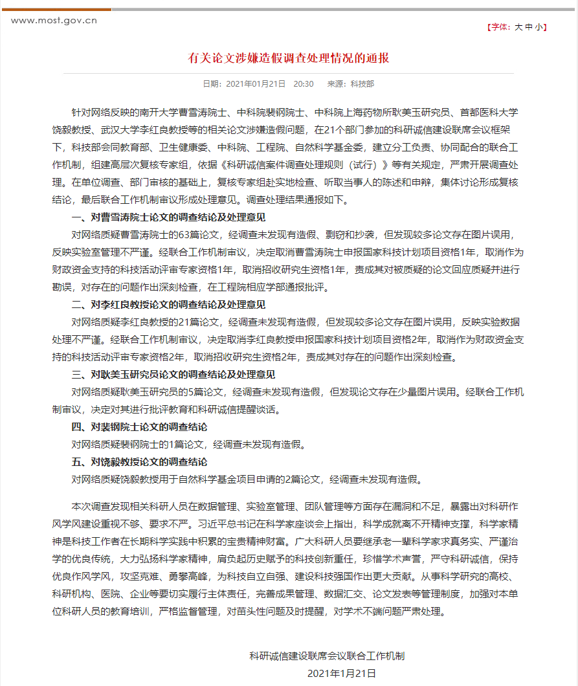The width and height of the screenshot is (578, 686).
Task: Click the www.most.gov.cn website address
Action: [x=54, y=20]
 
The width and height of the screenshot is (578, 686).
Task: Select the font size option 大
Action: [x=518, y=27]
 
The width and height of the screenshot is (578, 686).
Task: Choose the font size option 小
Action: [x=539, y=27]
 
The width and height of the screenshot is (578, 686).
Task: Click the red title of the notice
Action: [x=289, y=58]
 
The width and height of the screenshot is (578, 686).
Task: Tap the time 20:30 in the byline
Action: [x=304, y=84]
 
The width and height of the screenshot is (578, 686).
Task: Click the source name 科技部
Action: [x=362, y=84]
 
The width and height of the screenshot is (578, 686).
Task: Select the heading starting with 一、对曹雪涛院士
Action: [x=168, y=217]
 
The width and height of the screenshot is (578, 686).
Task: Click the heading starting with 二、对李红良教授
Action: [x=168, y=305]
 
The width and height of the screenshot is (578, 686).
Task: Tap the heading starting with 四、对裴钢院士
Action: [x=139, y=427]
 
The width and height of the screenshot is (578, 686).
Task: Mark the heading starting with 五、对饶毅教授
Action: [x=139, y=462]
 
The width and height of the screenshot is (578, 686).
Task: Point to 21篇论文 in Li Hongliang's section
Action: [x=201, y=322]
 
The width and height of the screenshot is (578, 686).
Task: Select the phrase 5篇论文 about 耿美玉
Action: [x=205, y=392]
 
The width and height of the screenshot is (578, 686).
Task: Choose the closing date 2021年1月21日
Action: [x=342, y=674]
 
